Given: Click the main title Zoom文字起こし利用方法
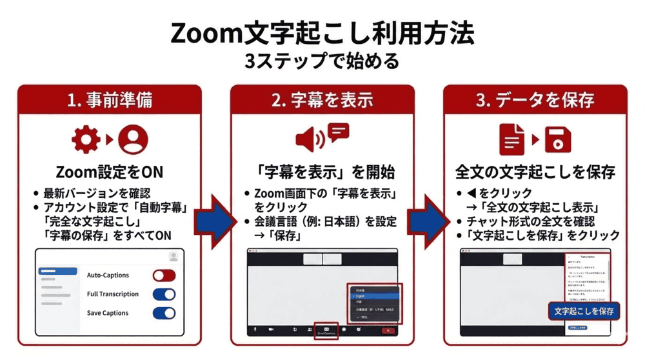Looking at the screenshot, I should [x=322, y=32].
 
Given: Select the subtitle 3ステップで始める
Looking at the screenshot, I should [x=322, y=61].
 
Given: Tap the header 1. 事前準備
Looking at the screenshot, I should [x=110, y=100].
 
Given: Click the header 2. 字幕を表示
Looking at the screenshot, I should [x=322, y=100].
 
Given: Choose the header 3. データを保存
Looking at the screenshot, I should [x=535, y=100].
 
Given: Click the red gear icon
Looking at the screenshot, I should [x=86, y=139].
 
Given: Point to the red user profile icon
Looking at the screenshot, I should [x=133, y=139].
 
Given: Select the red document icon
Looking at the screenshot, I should [x=513, y=139].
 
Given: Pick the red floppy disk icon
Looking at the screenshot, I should [x=558, y=139].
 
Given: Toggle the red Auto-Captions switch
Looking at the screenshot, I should [x=164, y=275].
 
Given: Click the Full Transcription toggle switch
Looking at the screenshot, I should [x=164, y=294].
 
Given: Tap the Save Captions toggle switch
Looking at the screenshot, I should [x=164, y=313].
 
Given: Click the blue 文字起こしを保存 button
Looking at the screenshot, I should [x=584, y=311].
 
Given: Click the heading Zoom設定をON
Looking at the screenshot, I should [x=110, y=172].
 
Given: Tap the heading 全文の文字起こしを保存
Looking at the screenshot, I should [x=535, y=172].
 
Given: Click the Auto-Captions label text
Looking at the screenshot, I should [x=108, y=275].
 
